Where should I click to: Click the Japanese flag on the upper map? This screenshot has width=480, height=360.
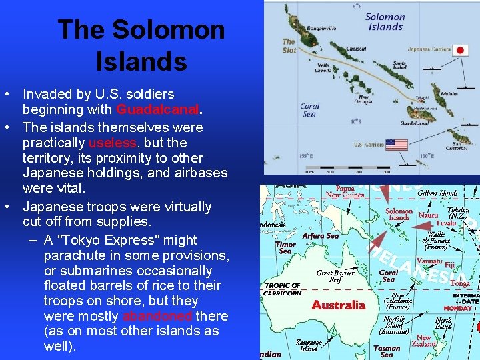click(461, 50)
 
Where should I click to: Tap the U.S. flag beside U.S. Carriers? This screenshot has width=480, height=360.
click(397, 145)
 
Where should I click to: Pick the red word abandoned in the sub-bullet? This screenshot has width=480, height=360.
click(157, 316)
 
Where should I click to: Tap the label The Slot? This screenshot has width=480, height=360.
click(289, 45)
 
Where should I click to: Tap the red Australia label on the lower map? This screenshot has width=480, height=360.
click(339, 305)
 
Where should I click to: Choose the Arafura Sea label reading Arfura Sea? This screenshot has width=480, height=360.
click(321, 235)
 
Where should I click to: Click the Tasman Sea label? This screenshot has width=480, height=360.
click(387, 351)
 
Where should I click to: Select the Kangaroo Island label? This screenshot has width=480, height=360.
click(309, 345)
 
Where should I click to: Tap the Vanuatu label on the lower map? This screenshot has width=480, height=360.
click(429, 261)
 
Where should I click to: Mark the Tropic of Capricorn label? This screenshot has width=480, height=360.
click(283, 289)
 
